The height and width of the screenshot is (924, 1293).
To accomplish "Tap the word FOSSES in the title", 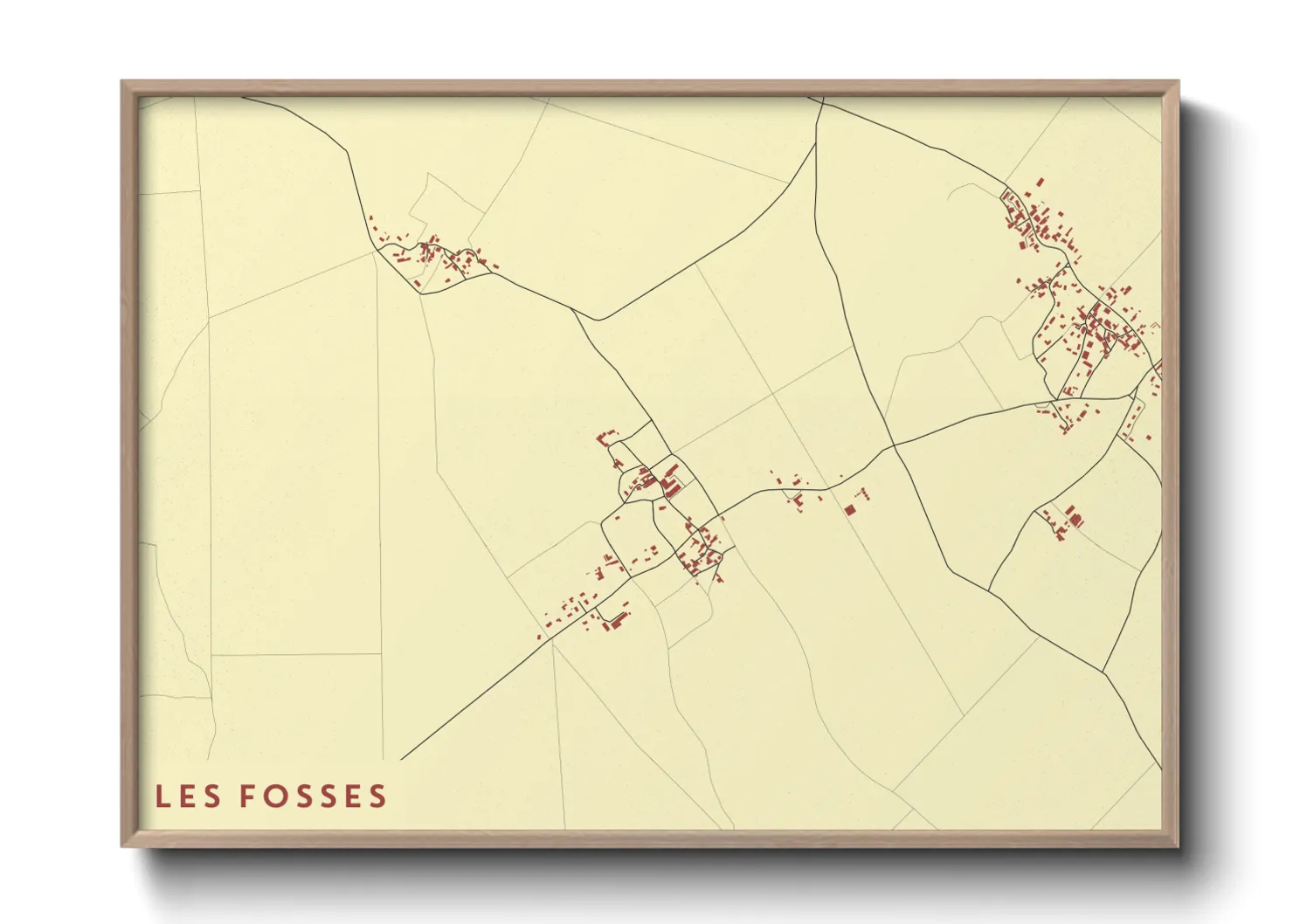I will point(312,796).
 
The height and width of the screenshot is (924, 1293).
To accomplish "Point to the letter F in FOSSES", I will point(247,796).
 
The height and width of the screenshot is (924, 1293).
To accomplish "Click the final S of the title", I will point(377,796).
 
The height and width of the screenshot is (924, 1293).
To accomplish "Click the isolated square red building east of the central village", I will point(849,510).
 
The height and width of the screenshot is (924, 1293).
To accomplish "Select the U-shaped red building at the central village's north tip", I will point(605,437).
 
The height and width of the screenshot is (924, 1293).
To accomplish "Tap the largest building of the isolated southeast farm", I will point(1075,520).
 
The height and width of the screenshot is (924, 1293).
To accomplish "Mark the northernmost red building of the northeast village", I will point(1041,182).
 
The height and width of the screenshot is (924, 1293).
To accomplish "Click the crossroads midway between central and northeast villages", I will point(894,447).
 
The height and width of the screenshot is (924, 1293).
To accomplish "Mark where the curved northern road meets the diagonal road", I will point(596,320).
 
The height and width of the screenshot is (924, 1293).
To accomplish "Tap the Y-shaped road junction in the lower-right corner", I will point(1103,672).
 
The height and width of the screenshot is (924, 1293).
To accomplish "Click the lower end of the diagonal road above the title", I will point(402,759).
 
